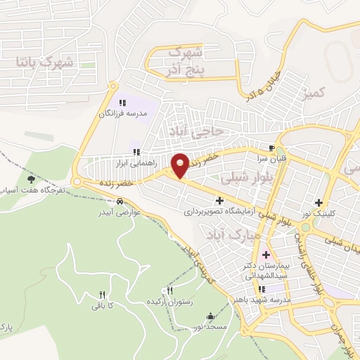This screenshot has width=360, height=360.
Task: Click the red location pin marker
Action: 180,164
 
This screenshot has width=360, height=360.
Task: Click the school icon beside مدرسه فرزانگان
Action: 123,103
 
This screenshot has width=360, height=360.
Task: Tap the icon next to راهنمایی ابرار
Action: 137,152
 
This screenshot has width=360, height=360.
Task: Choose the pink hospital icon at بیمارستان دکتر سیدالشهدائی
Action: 266,254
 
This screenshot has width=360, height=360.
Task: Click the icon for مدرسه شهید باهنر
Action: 262,288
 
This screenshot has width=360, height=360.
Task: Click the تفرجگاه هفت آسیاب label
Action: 32,191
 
